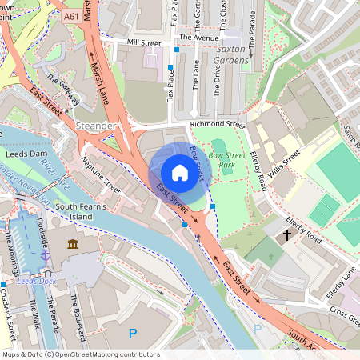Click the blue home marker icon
tap(180, 173)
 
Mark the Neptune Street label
tap(101, 174)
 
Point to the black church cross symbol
tap(287, 236)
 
